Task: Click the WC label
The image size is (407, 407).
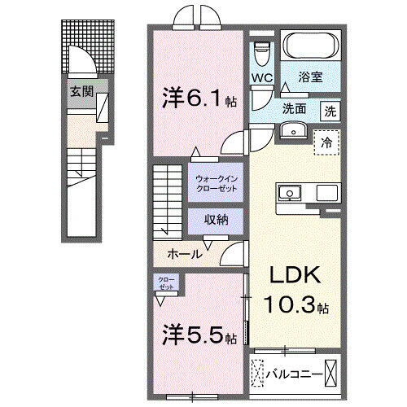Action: (262, 79)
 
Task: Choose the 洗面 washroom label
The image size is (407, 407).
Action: (295, 109)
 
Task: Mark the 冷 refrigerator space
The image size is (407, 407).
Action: (326, 141)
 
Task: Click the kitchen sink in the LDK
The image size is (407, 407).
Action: (289, 193)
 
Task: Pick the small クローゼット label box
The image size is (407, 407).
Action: (166, 282)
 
